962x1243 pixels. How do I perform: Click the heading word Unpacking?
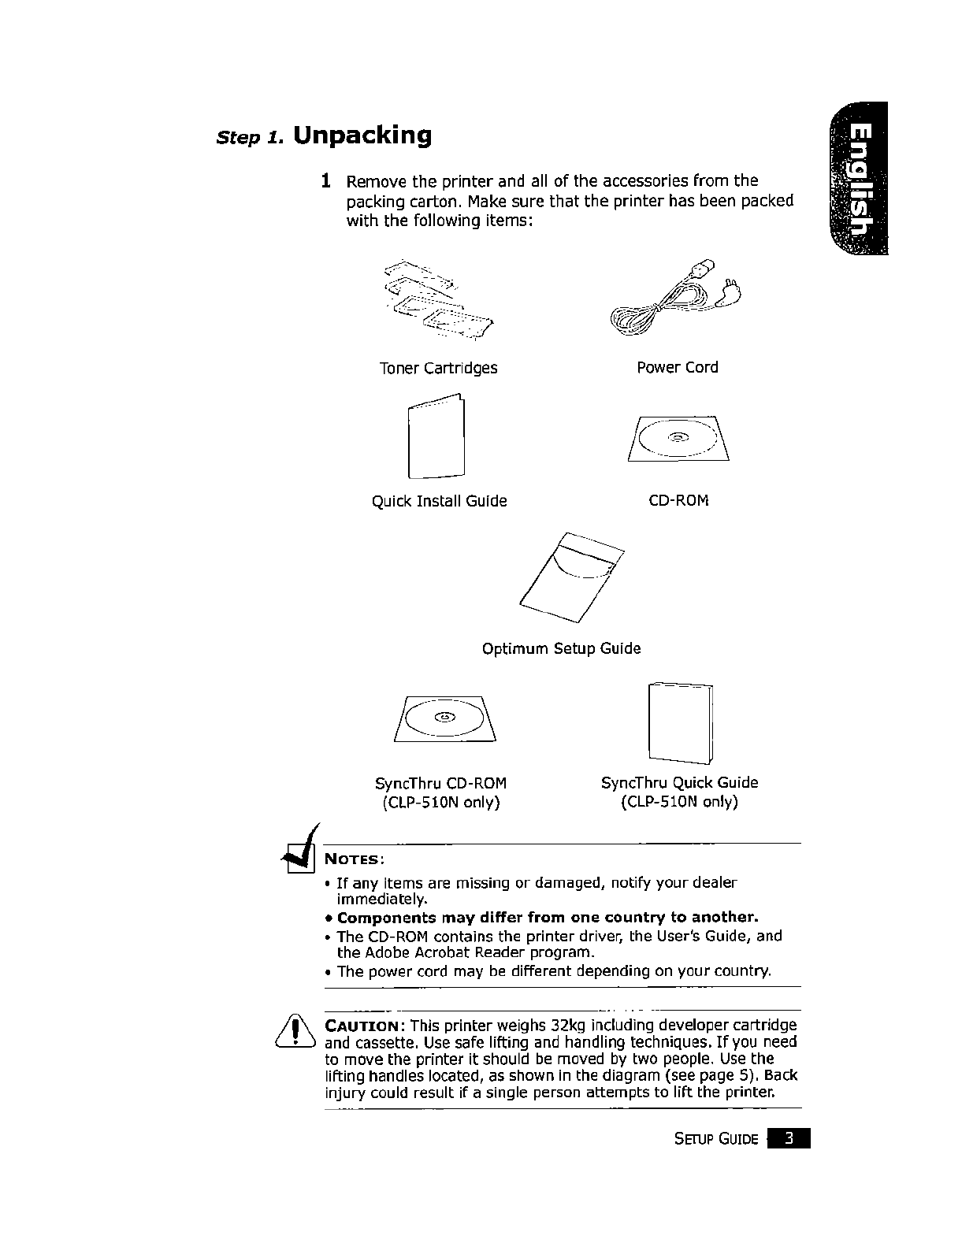[362, 135]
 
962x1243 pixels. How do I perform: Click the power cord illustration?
[677, 300]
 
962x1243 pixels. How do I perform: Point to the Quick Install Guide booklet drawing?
[436, 437]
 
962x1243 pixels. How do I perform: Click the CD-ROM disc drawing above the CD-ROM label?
[678, 438]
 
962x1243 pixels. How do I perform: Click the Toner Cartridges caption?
[438, 368]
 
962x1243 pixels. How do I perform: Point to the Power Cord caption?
[678, 367]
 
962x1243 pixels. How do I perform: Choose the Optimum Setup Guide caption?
[561, 648]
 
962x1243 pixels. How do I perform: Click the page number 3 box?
[789, 1139]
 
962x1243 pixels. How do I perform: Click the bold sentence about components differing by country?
[547, 918]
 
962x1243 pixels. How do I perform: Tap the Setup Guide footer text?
[716, 1140]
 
